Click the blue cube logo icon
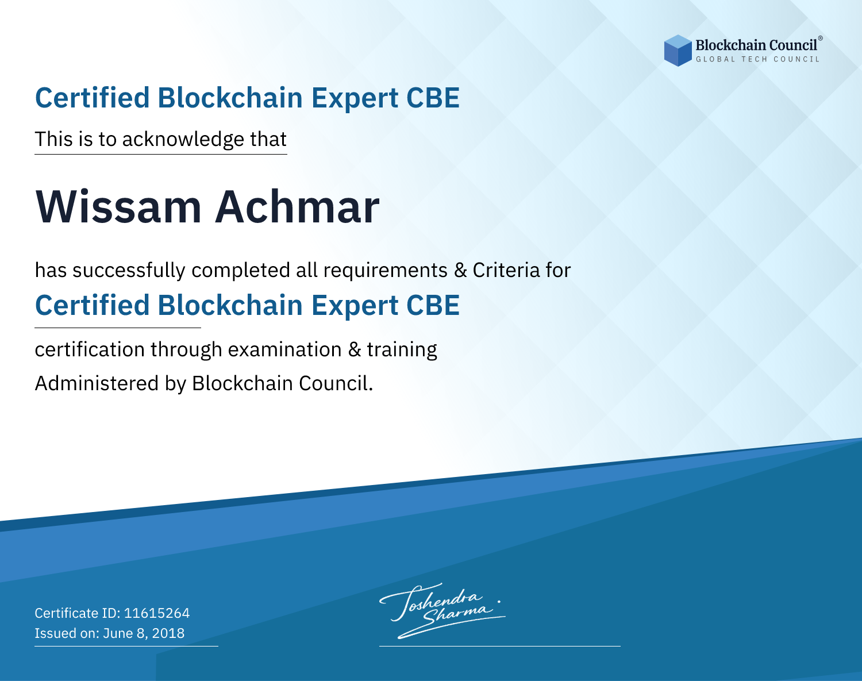678,51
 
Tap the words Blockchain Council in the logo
756,45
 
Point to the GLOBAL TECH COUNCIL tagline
758,59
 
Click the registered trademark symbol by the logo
821,39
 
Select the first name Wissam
118,207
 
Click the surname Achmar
297,207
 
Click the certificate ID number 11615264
157,613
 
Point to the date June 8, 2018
144,633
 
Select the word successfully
129,271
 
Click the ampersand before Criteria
460,271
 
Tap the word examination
285,349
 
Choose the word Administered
97,383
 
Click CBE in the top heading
433,98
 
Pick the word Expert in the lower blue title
355,306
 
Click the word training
402,350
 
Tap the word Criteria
506,271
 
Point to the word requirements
386,271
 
